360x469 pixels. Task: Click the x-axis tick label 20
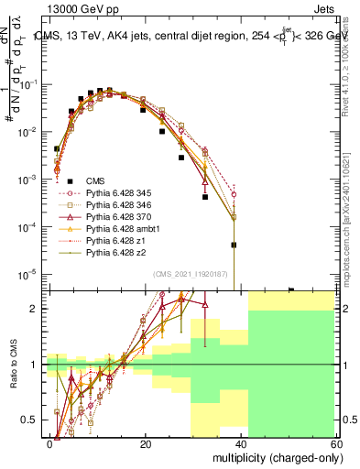(x=146, y=443)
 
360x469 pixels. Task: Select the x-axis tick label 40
(x=241, y=443)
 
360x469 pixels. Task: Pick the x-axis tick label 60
(x=335, y=443)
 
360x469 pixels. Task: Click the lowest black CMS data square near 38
(x=234, y=245)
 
